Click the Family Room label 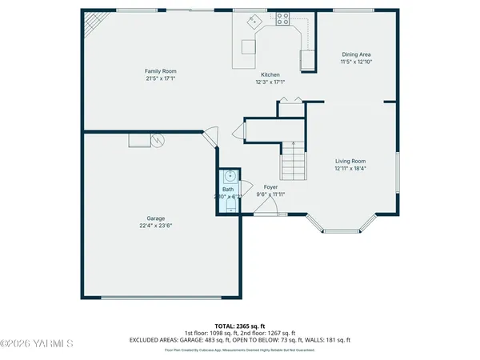tap(160, 70)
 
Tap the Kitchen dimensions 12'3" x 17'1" tap(270, 81)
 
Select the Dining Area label tap(357, 54)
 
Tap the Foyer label tap(270, 186)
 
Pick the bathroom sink tap(229, 177)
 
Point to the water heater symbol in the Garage tap(158, 141)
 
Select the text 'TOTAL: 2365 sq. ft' tap(240, 326)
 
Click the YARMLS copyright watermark tap(37, 344)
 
